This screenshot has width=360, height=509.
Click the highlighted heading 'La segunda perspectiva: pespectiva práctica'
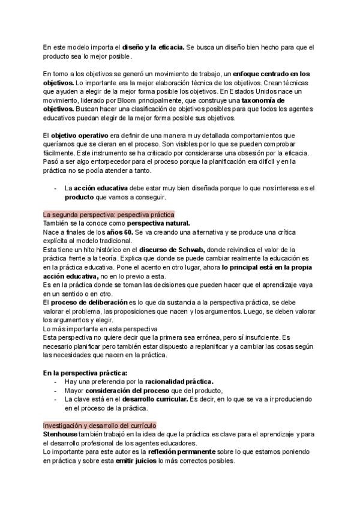point(108,214)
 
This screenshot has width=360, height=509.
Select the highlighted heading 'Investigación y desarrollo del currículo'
point(99,424)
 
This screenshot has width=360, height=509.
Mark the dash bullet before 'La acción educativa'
point(56,188)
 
